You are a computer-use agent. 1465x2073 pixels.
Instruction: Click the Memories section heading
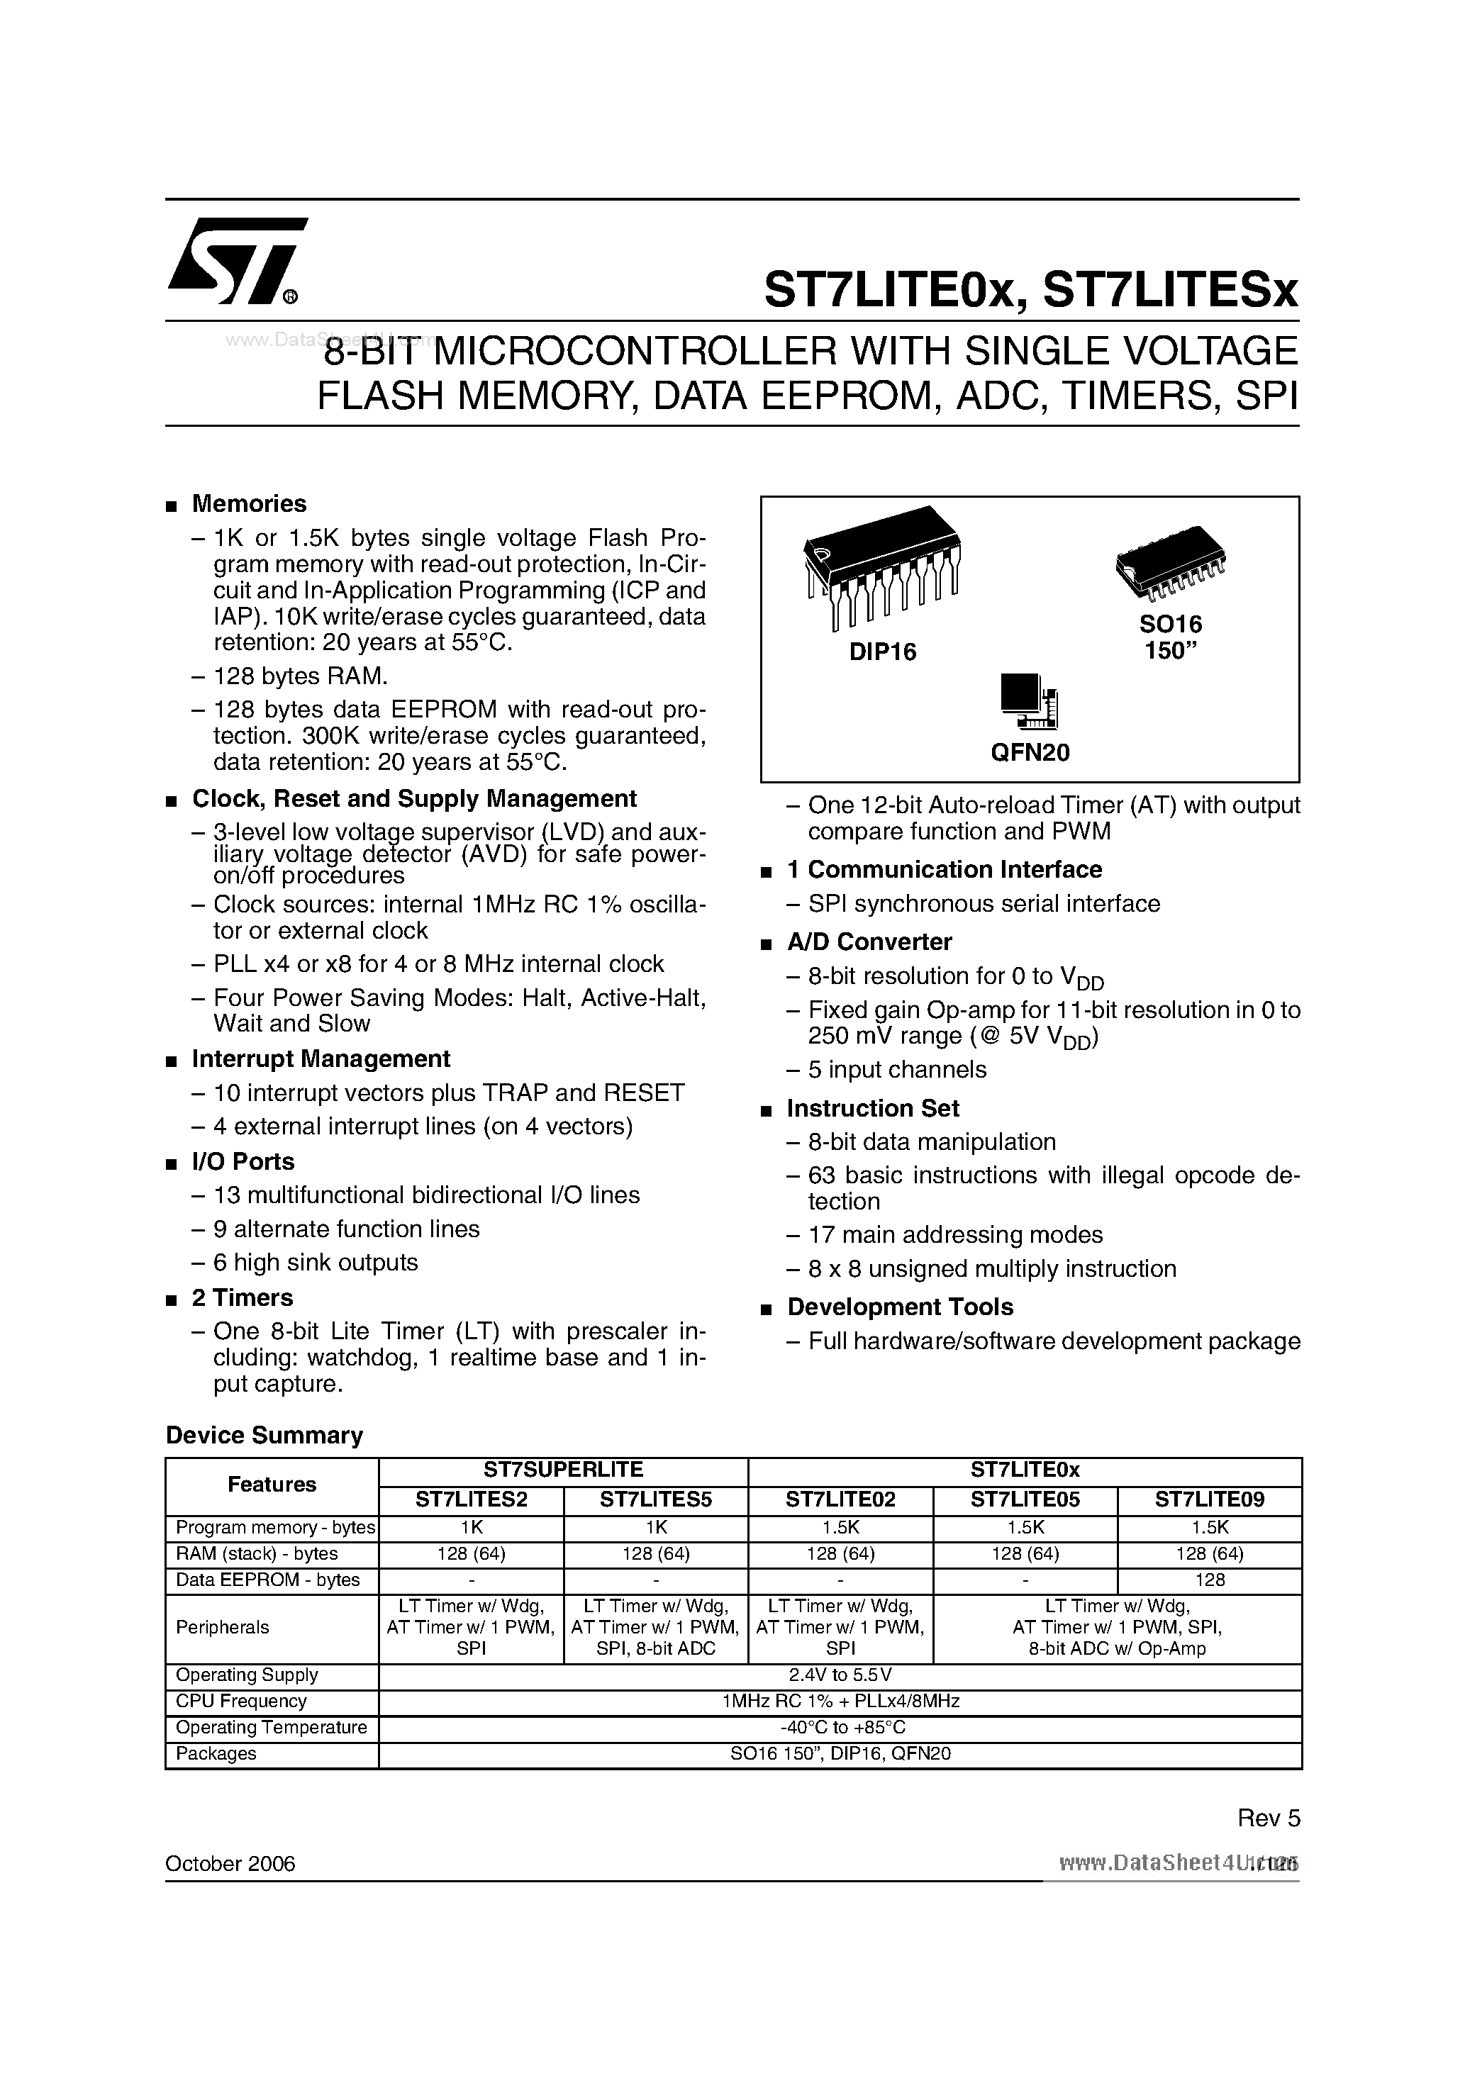248,504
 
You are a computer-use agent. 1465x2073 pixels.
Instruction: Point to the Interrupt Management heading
321,1058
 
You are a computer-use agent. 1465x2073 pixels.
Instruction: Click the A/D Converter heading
869,941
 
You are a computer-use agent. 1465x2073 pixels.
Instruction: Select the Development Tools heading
900,1307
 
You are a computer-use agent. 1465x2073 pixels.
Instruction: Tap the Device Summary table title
264,1436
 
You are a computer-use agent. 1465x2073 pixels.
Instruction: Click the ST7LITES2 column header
471,1499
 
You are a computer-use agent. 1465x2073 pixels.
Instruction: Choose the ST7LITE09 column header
1210,1499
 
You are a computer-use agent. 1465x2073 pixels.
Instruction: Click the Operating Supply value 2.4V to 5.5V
840,1675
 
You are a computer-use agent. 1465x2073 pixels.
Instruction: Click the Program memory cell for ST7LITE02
840,1527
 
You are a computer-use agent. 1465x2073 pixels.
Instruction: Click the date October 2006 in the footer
230,1864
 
